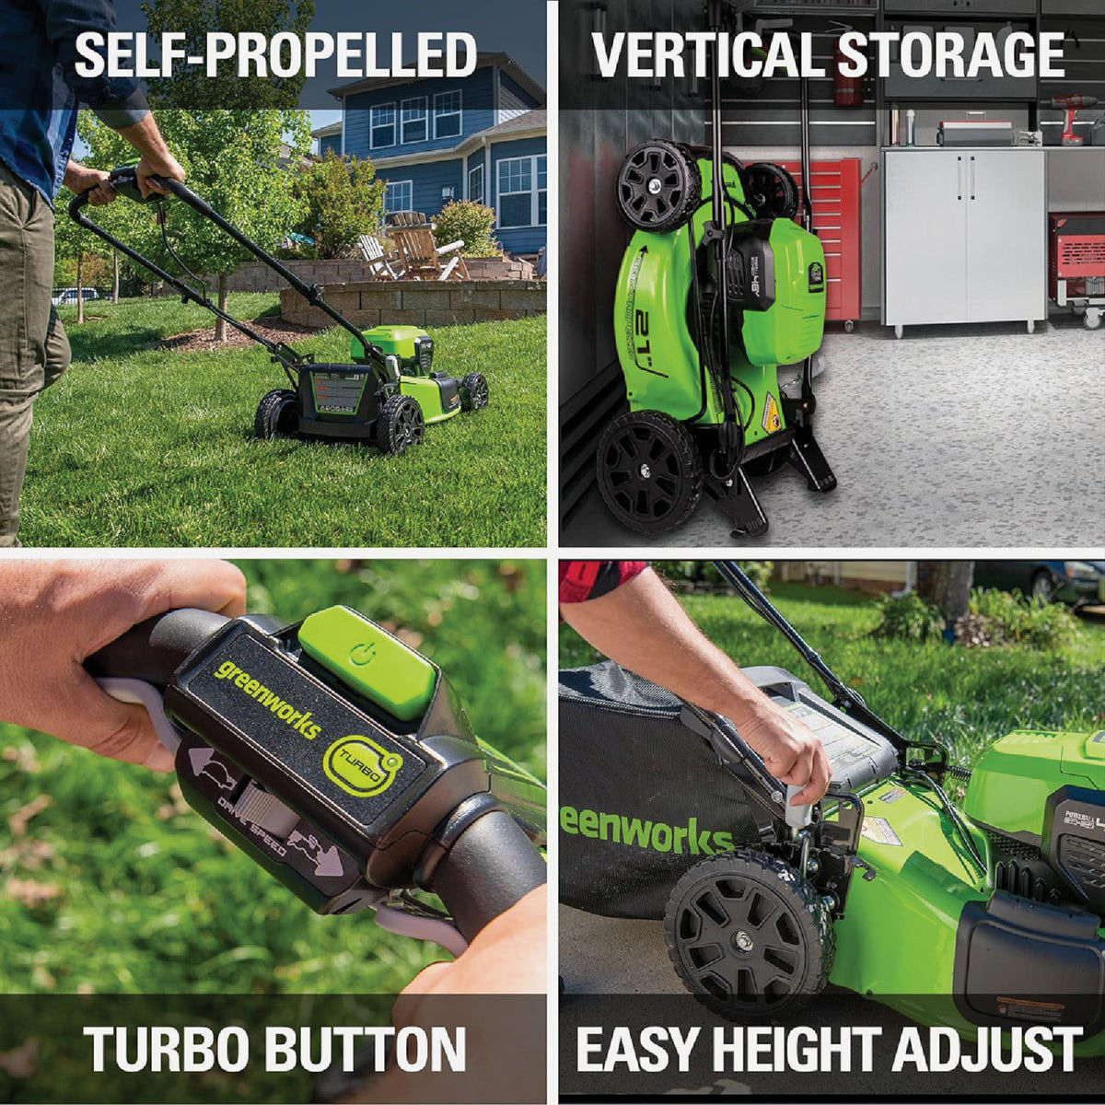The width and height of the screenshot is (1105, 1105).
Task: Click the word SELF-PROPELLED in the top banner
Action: point(274,55)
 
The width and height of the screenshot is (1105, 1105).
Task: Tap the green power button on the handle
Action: point(366,661)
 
